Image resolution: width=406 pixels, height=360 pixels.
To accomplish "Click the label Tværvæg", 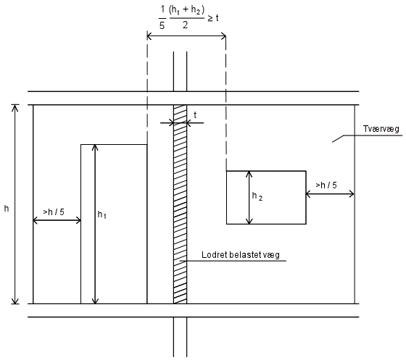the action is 381,129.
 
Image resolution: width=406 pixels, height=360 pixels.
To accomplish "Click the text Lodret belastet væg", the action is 241,255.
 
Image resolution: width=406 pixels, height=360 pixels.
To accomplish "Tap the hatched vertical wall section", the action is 180,204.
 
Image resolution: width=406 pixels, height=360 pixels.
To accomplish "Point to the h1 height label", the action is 101,214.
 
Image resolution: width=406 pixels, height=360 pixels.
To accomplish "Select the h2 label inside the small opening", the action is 257,196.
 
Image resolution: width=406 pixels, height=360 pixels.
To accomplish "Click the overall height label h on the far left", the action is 7,209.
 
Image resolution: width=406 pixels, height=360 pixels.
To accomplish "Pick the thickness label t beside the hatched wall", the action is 195,115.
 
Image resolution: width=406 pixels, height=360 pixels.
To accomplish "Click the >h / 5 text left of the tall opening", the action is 54,212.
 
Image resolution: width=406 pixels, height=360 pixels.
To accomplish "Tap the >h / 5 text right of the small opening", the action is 326,185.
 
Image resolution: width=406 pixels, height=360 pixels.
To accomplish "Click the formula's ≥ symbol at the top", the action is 210,19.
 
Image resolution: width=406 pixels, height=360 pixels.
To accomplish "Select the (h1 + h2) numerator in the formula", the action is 186,10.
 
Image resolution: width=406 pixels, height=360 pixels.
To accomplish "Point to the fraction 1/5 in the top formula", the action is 162,17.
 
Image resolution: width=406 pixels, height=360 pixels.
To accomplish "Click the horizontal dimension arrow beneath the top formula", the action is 186,36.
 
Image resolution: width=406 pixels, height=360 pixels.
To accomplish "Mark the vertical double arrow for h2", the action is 249,197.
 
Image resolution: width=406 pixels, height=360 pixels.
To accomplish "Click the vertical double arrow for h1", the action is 95,224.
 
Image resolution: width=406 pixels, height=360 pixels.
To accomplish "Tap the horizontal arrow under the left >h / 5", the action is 57,220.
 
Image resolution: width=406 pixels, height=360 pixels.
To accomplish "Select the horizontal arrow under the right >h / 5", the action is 330,193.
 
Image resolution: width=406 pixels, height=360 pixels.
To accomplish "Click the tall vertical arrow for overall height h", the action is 15,204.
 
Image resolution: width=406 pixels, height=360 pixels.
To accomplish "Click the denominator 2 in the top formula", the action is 185,25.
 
